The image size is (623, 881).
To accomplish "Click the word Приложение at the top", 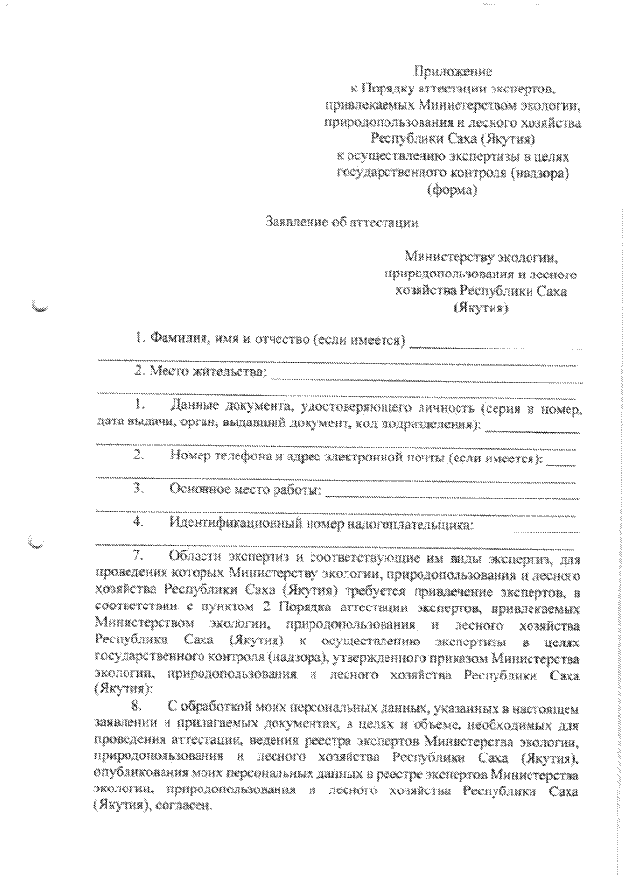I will (x=455, y=71).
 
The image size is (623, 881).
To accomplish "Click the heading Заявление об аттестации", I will (x=340, y=223).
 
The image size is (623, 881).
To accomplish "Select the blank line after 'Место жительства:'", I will (x=422, y=372).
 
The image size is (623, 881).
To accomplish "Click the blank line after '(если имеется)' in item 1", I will (x=496, y=344).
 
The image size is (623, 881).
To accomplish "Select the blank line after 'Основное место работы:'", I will (x=452, y=492).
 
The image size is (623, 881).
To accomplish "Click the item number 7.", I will (x=138, y=555).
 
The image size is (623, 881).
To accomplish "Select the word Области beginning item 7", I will (x=193, y=555).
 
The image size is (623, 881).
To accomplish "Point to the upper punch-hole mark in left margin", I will (x=39, y=310).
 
